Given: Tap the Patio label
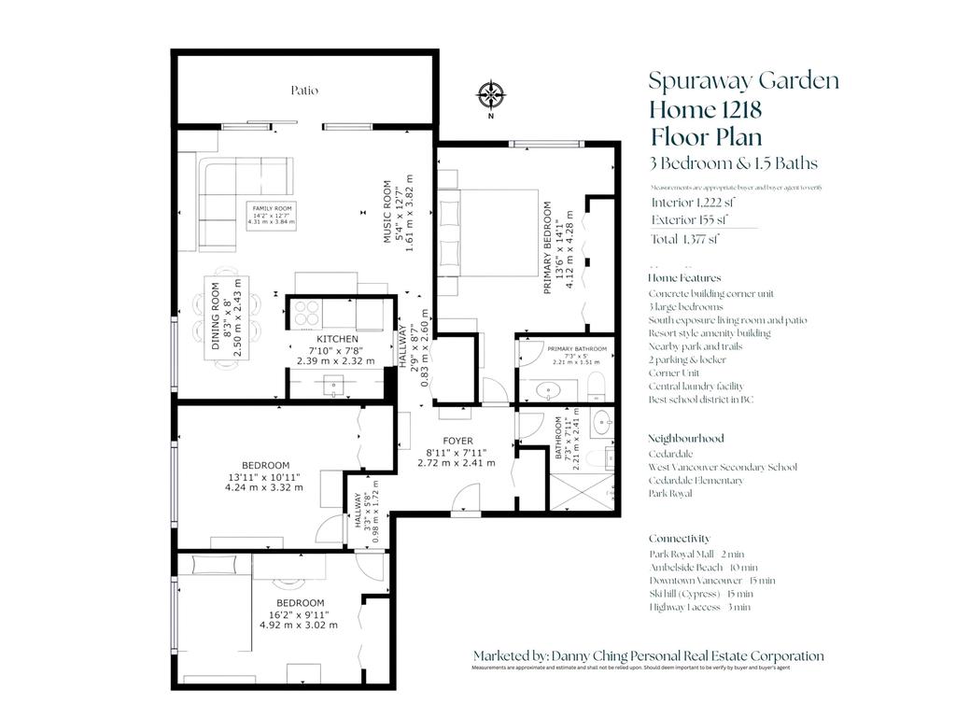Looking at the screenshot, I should tap(303, 91).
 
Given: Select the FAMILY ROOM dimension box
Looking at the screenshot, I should tap(270, 213).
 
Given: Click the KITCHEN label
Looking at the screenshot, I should tap(335, 339).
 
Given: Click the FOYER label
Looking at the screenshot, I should tap(457, 441).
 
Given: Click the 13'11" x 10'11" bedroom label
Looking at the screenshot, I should tap(265, 476).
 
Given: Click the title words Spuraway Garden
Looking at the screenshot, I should tap(743, 80).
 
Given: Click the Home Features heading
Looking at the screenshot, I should tap(684, 278).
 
